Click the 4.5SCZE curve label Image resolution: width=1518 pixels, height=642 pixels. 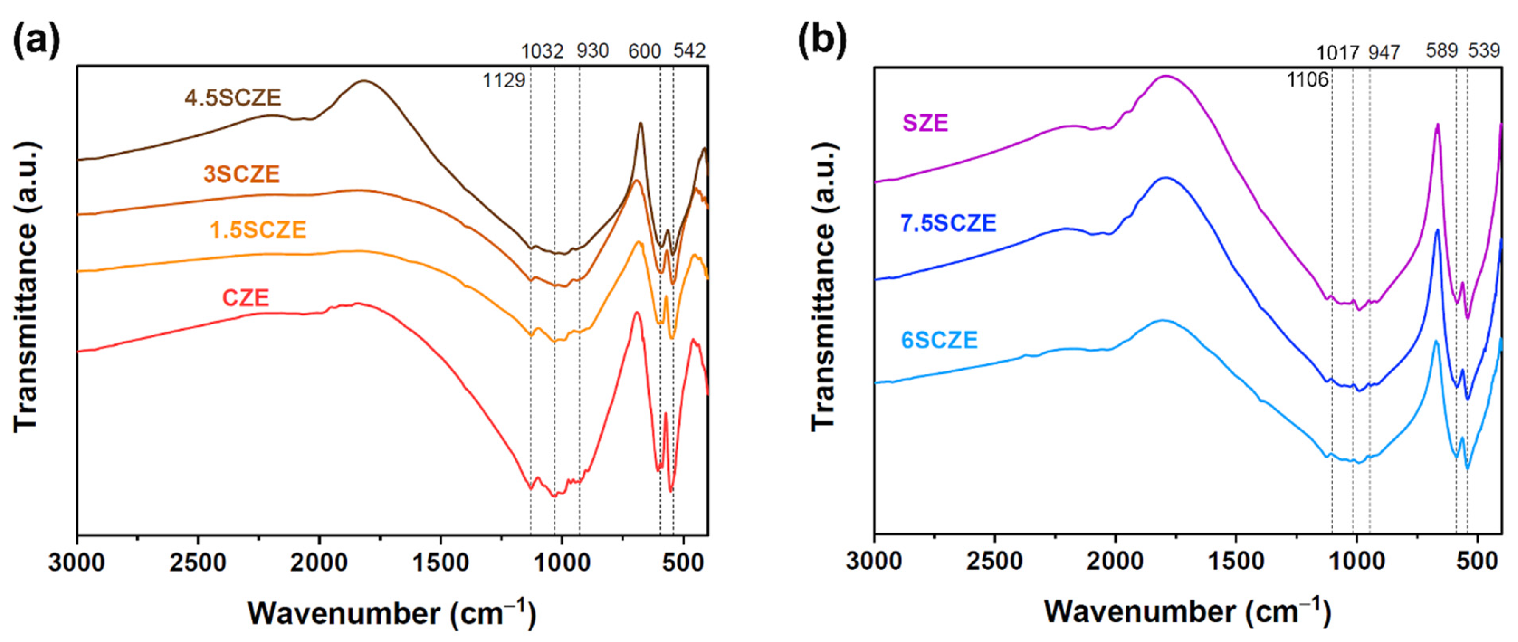233,98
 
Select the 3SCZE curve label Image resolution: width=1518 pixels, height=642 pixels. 241,174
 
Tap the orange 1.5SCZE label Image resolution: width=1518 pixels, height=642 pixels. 258,230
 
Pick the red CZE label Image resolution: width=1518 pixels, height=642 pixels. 245,297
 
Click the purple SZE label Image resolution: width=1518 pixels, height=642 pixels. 925,123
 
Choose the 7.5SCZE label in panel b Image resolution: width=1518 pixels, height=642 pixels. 948,223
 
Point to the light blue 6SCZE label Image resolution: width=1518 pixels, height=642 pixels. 939,340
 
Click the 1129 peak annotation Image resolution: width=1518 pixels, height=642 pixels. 504,80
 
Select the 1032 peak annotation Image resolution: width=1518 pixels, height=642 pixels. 542,52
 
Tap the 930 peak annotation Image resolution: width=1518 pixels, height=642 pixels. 592,52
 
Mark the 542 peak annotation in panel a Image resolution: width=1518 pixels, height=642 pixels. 689,51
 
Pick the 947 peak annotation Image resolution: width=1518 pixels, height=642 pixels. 1384,53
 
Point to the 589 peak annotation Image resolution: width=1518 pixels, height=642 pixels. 1442,51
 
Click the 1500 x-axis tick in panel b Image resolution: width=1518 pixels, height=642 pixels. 1236,561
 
